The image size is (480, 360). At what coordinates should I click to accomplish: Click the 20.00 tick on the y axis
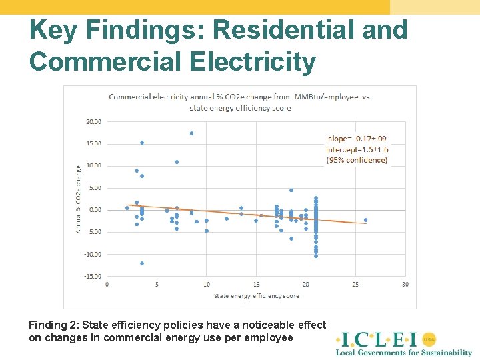(x=94, y=121)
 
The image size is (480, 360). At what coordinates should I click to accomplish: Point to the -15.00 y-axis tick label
(x=93, y=276)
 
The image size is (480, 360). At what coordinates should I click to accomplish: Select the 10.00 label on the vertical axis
(x=94, y=165)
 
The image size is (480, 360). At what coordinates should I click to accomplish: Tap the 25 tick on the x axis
(x=355, y=284)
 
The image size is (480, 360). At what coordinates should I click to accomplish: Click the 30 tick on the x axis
(x=405, y=284)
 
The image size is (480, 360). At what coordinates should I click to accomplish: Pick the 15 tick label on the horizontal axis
(x=256, y=284)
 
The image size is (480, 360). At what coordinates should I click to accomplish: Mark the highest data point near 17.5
(x=191, y=133)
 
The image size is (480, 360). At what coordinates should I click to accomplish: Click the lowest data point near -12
(x=142, y=263)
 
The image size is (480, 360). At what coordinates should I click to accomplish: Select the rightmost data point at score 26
(x=365, y=220)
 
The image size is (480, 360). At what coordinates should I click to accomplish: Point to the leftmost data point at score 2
(x=127, y=208)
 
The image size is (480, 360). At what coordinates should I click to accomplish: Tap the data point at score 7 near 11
(x=177, y=162)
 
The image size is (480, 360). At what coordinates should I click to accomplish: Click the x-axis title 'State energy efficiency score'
(x=257, y=296)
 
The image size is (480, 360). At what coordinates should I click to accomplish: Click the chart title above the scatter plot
(x=240, y=102)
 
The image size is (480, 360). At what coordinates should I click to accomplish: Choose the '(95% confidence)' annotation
(x=357, y=160)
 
